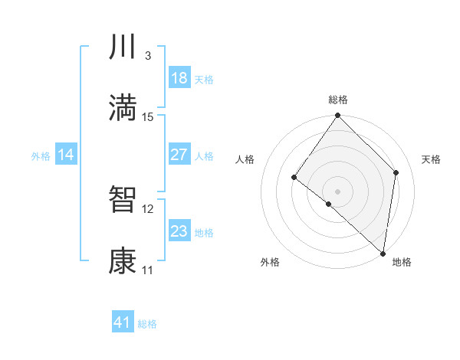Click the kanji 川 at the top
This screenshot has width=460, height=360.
123,47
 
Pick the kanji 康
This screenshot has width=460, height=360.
123,261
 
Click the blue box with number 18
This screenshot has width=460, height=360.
179,78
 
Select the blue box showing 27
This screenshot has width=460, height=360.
179,155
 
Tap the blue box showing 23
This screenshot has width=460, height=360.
179,231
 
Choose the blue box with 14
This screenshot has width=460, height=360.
66,155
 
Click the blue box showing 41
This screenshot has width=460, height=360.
123,322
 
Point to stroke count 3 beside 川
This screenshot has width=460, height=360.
148,56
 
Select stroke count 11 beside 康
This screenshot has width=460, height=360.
148,270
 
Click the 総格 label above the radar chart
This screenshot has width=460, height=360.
338,100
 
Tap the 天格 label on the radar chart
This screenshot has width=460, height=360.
431,159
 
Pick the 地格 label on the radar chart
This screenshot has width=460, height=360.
402,262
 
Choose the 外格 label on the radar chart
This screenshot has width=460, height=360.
270,262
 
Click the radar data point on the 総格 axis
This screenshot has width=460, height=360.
338,116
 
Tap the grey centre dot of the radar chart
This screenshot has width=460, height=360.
338,191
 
